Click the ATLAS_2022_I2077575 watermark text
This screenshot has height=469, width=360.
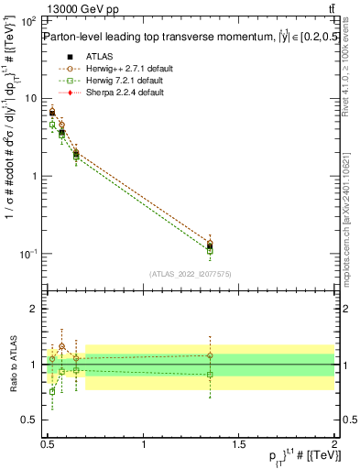(x=191, y=274)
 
